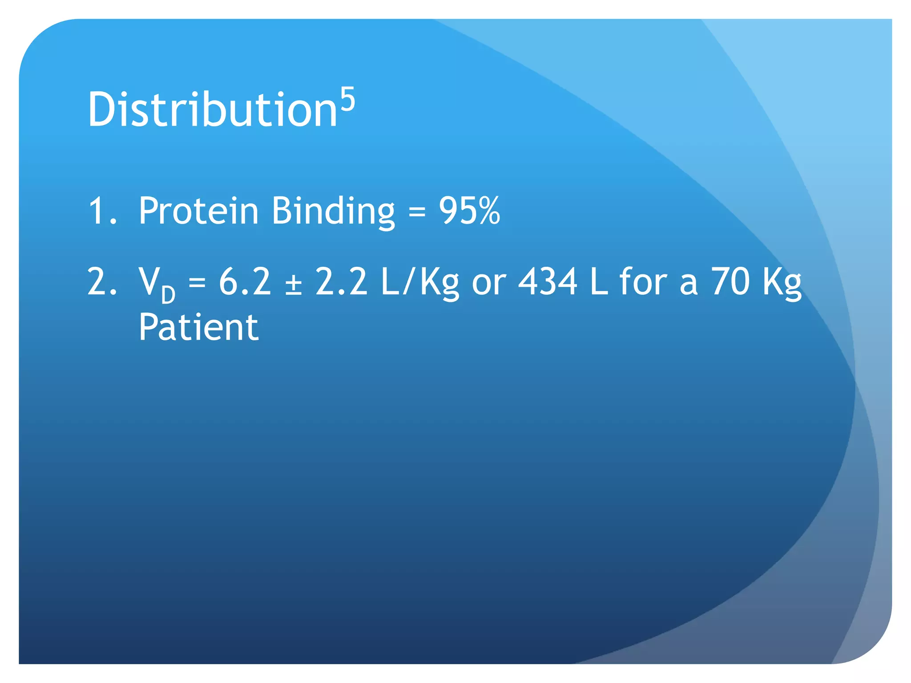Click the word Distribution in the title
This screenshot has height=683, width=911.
pos(212,109)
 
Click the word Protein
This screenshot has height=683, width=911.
pos(198,211)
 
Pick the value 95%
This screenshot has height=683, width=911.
pos(469,211)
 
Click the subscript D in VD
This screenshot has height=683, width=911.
pos(168,295)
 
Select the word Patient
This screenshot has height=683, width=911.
pos(198,327)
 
